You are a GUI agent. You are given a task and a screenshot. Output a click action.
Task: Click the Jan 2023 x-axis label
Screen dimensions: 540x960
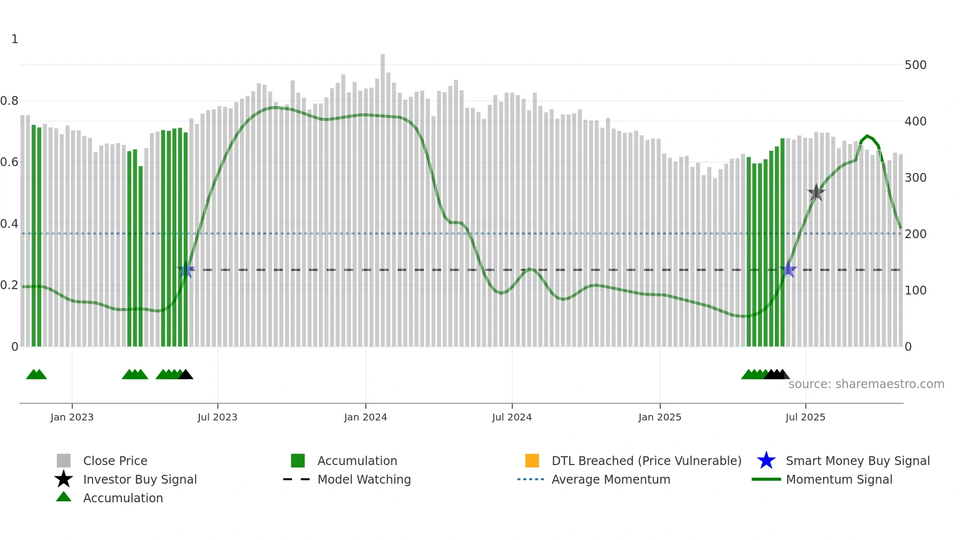click(x=72, y=417)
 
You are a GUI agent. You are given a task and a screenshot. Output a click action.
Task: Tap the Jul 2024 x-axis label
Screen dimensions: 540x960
click(x=512, y=417)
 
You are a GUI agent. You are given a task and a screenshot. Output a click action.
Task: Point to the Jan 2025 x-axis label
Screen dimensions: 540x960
click(x=660, y=417)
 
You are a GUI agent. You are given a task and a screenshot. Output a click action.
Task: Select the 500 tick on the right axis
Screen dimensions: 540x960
click(x=915, y=65)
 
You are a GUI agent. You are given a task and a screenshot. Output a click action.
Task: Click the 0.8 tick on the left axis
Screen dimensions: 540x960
click(x=10, y=101)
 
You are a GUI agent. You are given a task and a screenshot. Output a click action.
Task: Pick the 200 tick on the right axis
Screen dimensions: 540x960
click(x=915, y=234)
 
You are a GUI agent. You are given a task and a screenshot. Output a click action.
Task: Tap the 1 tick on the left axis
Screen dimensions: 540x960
click(x=15, y=39)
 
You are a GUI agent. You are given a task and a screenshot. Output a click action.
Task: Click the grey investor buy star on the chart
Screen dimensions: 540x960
click(x=816, y=193)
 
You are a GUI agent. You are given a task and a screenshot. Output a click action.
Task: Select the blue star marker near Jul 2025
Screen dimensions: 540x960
click(x=788, y=269)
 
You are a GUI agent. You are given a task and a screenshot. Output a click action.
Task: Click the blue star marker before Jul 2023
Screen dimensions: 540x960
click(x=186, y=270)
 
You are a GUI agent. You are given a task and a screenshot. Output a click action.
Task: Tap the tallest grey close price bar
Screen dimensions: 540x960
click(x=383, y=196)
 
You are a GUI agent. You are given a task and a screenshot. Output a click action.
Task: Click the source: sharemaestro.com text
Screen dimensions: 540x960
click(x=866, y=384)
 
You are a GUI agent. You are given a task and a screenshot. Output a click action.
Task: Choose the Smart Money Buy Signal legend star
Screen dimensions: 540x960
click(x=766, y=461)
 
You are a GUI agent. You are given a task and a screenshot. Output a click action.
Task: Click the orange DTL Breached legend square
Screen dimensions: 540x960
click(x=532, y=461)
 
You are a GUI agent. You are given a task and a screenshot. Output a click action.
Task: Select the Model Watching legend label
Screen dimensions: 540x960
click(x=364, y=479)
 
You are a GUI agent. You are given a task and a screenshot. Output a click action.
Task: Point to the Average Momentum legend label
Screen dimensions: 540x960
click(x=611, y=479)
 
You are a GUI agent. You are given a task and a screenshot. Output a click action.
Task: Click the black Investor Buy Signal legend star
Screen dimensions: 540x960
click(x=64, y=479)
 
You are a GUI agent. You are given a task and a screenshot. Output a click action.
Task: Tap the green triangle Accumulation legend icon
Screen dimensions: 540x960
click(x=64, y=497)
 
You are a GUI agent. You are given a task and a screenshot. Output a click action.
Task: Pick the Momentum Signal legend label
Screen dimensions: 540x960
click(x=839, y=479)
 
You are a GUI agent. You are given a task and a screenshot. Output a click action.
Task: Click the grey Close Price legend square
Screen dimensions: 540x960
click(x=64, y=461)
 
